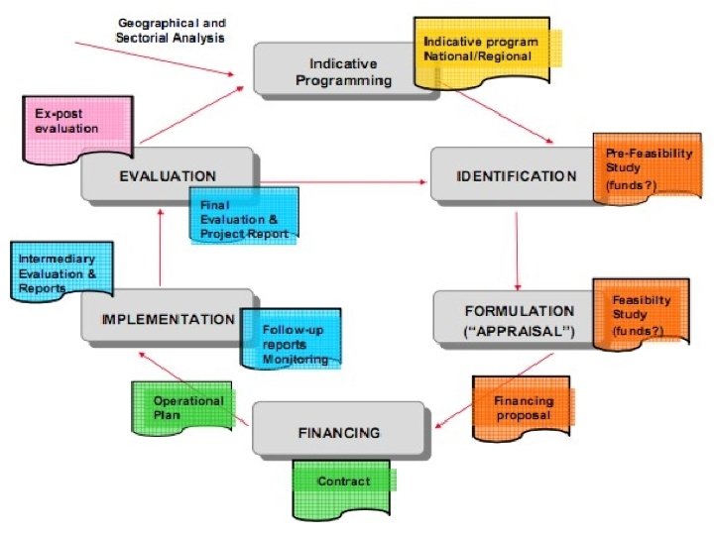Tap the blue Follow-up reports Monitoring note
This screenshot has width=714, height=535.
click(294, 344)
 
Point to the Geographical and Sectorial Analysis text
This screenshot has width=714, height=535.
click(172, 30)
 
